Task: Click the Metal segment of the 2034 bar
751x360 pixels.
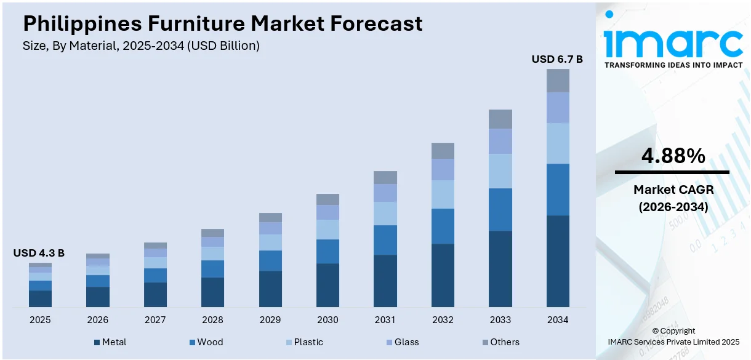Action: pyautogui.click(x=558, y=261)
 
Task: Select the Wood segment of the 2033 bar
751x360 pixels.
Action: pyautogui.click(x=500, y=209)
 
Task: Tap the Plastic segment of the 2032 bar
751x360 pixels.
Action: pyautogui.click(x=443, y=194)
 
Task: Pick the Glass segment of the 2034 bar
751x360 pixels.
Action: pyautogui.click(x=558, y=108)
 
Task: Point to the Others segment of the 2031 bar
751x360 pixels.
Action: pyautogui.click(x=385, y=177)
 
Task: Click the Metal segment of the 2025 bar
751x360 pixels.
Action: pyautogui.click(x=40, y=298)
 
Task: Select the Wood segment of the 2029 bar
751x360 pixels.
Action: pyautogui.click(x=270, y=260)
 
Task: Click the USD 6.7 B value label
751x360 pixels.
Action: pyautogui.click(x=557, y=59)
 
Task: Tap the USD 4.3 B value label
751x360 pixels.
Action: pyautogui.click(x=39, y=253)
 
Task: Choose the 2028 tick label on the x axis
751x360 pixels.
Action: pyautogui.click(x=212, y=320)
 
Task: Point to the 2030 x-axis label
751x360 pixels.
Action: pyautogui.click(x=327, y=320)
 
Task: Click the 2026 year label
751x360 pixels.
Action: pyautogui.click(x=97, y=320)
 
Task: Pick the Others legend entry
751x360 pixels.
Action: pyautogui.click(x=499, y=342)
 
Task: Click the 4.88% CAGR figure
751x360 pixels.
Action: pyautogui.click(x=673, y=156)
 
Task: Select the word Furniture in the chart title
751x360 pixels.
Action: pyautogui.click(x=198, y=23)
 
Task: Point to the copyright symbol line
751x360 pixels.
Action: pyautogui.click(x=673, y=330)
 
